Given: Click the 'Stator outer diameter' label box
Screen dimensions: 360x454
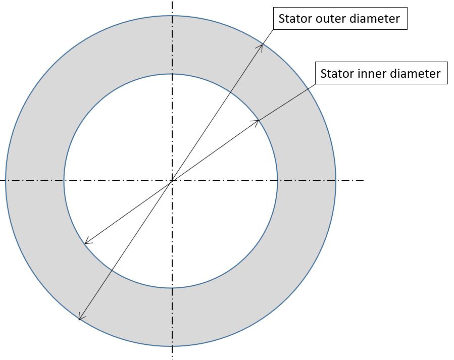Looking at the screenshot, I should pyautogui.click(x=339, y=19).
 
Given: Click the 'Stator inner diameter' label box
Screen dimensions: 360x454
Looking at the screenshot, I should pyautogui.click(x=381, y=73).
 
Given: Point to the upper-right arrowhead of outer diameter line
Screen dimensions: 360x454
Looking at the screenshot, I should pyautogui.click(x=262, y=45).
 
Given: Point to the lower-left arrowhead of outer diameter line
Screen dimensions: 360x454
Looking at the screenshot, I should pyautogui.click(x=80, y=319).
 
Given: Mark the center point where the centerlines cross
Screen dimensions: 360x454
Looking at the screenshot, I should pyautogui.click(x=172, y=180).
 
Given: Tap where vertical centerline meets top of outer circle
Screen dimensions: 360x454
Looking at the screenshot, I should pyautogui.click(x=172, y=15).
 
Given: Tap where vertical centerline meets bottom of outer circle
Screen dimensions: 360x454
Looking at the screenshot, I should pyautogui.click(x=172, y=346).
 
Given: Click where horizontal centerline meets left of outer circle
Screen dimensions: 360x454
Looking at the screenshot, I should pyautogui.click(x=6, y=180).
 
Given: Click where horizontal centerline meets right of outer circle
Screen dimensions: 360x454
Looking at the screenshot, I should pyautogui.click(x=336, y=180).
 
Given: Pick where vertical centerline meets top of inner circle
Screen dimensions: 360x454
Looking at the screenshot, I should pyautogui.click(x=172, y=74).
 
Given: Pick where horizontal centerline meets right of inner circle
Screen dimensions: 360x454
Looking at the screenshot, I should pyautogui.click(x=277, y=180).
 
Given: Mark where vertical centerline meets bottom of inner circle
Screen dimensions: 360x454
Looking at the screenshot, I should pyautogui.click(x=172, y=288).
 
